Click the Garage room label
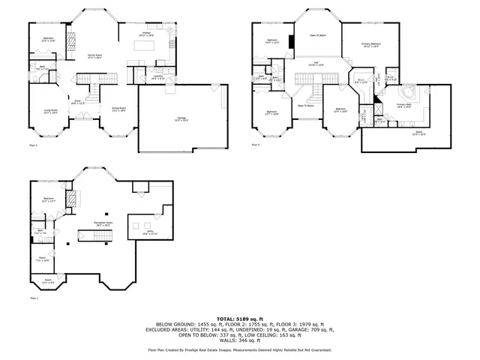(x=181, y=118)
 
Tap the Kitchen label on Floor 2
(x=146, y=34)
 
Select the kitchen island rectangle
(x=145, y=46)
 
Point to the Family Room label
(x=95, y=57)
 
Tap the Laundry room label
(x=158, y=76)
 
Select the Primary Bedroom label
(x=371, y=45)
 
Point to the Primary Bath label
(x=406, y=106)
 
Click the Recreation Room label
(x=104, y=223)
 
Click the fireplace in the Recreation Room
(x=73, y=199)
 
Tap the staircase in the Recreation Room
(x=99, y=238)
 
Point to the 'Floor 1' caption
(x=33, y=298)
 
